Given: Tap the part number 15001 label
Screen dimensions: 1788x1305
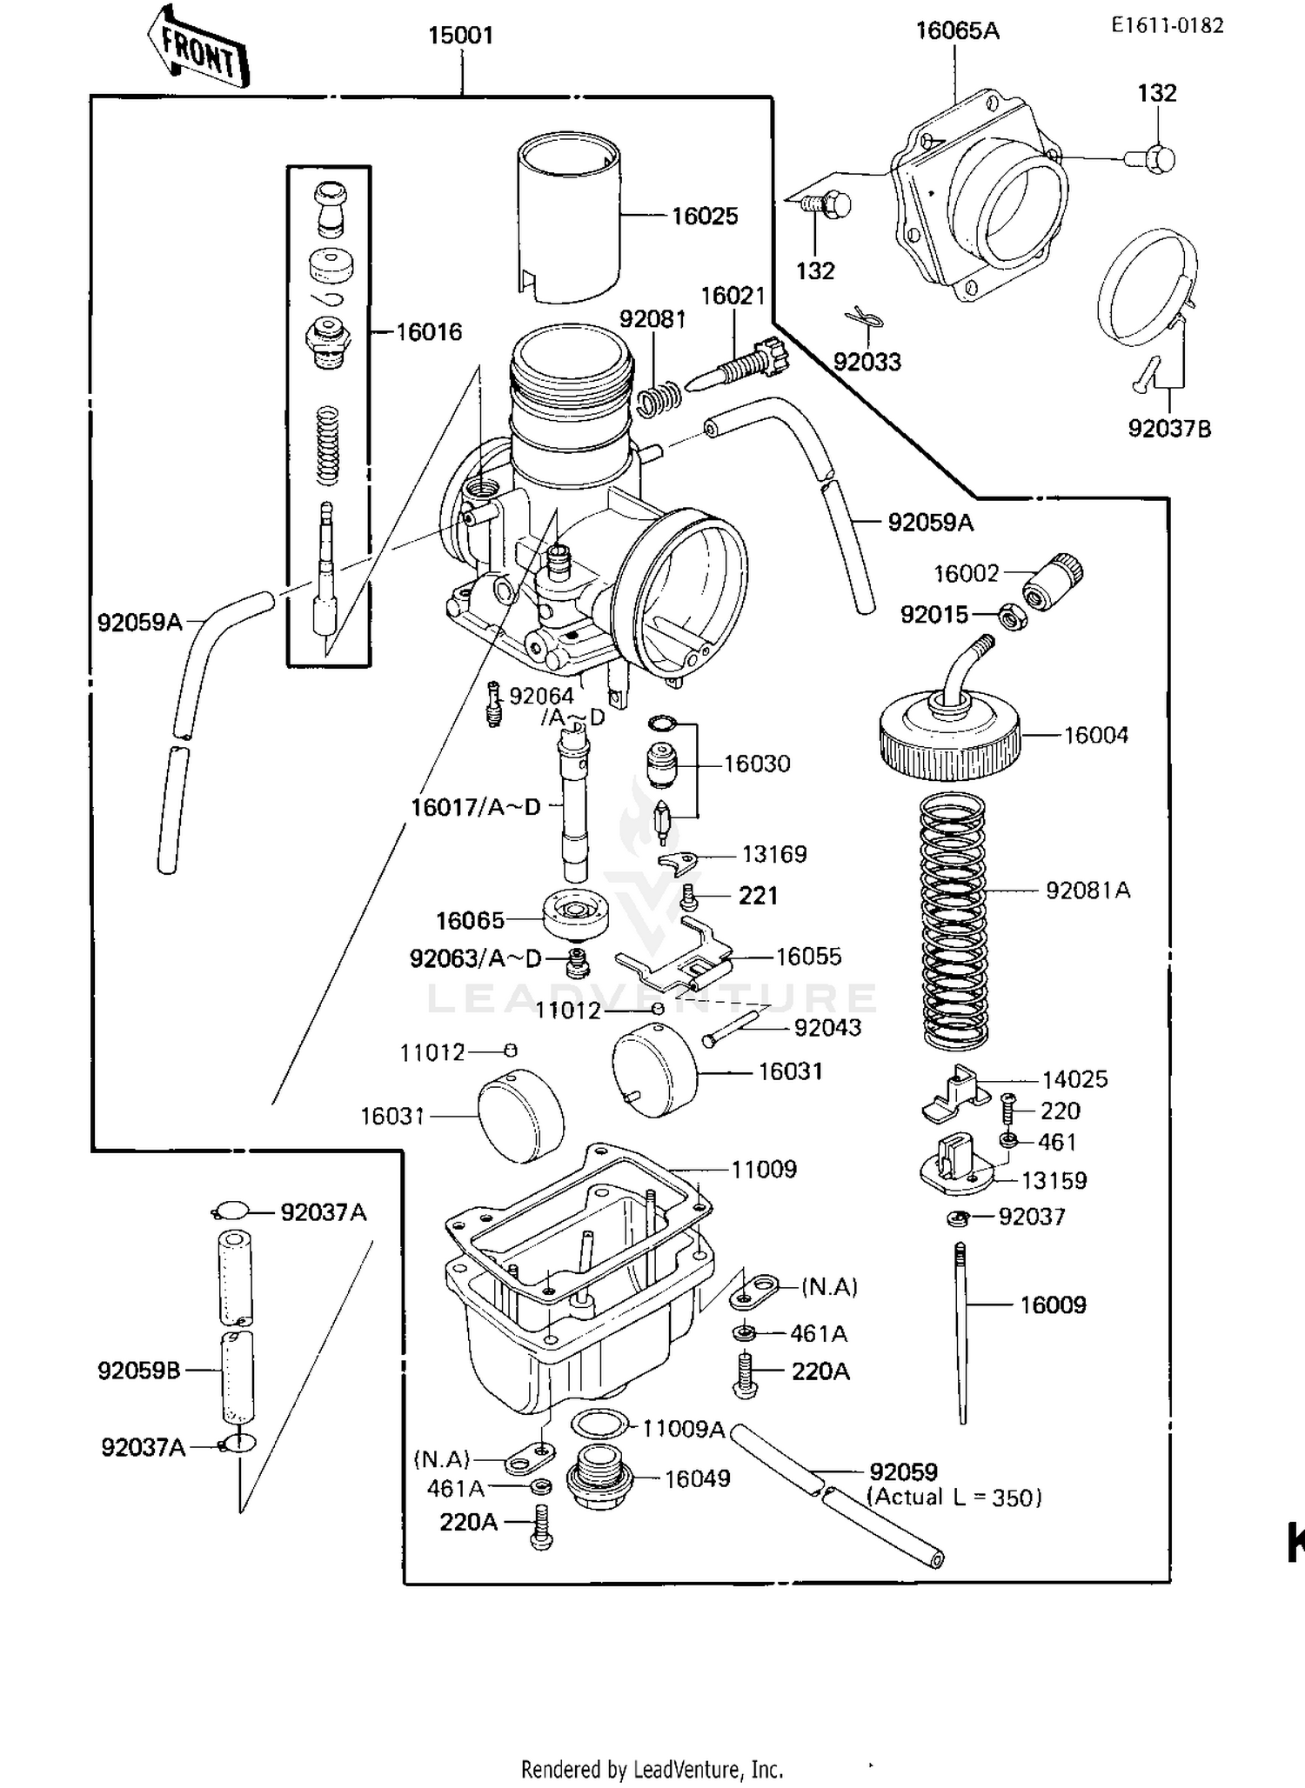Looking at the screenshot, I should click(460, 36).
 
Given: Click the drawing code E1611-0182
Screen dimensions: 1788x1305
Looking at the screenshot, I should click(1167, 26).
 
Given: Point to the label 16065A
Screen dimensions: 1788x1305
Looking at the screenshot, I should click(957, 31).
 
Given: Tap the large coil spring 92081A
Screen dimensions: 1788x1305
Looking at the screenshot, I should click(954, 922).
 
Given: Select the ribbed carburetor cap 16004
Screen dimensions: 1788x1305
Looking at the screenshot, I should click(950, 735).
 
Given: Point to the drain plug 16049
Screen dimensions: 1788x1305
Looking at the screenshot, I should click(599, 1478).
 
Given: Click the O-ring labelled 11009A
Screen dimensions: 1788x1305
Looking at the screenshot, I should click(599, 1425).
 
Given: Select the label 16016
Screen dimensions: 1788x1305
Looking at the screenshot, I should click(429, 332).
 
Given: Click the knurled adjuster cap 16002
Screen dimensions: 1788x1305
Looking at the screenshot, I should click(1053, 581).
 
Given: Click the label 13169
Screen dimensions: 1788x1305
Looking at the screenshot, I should click(773, 854).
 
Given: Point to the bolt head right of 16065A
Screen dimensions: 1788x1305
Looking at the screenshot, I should click(1153, 159).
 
